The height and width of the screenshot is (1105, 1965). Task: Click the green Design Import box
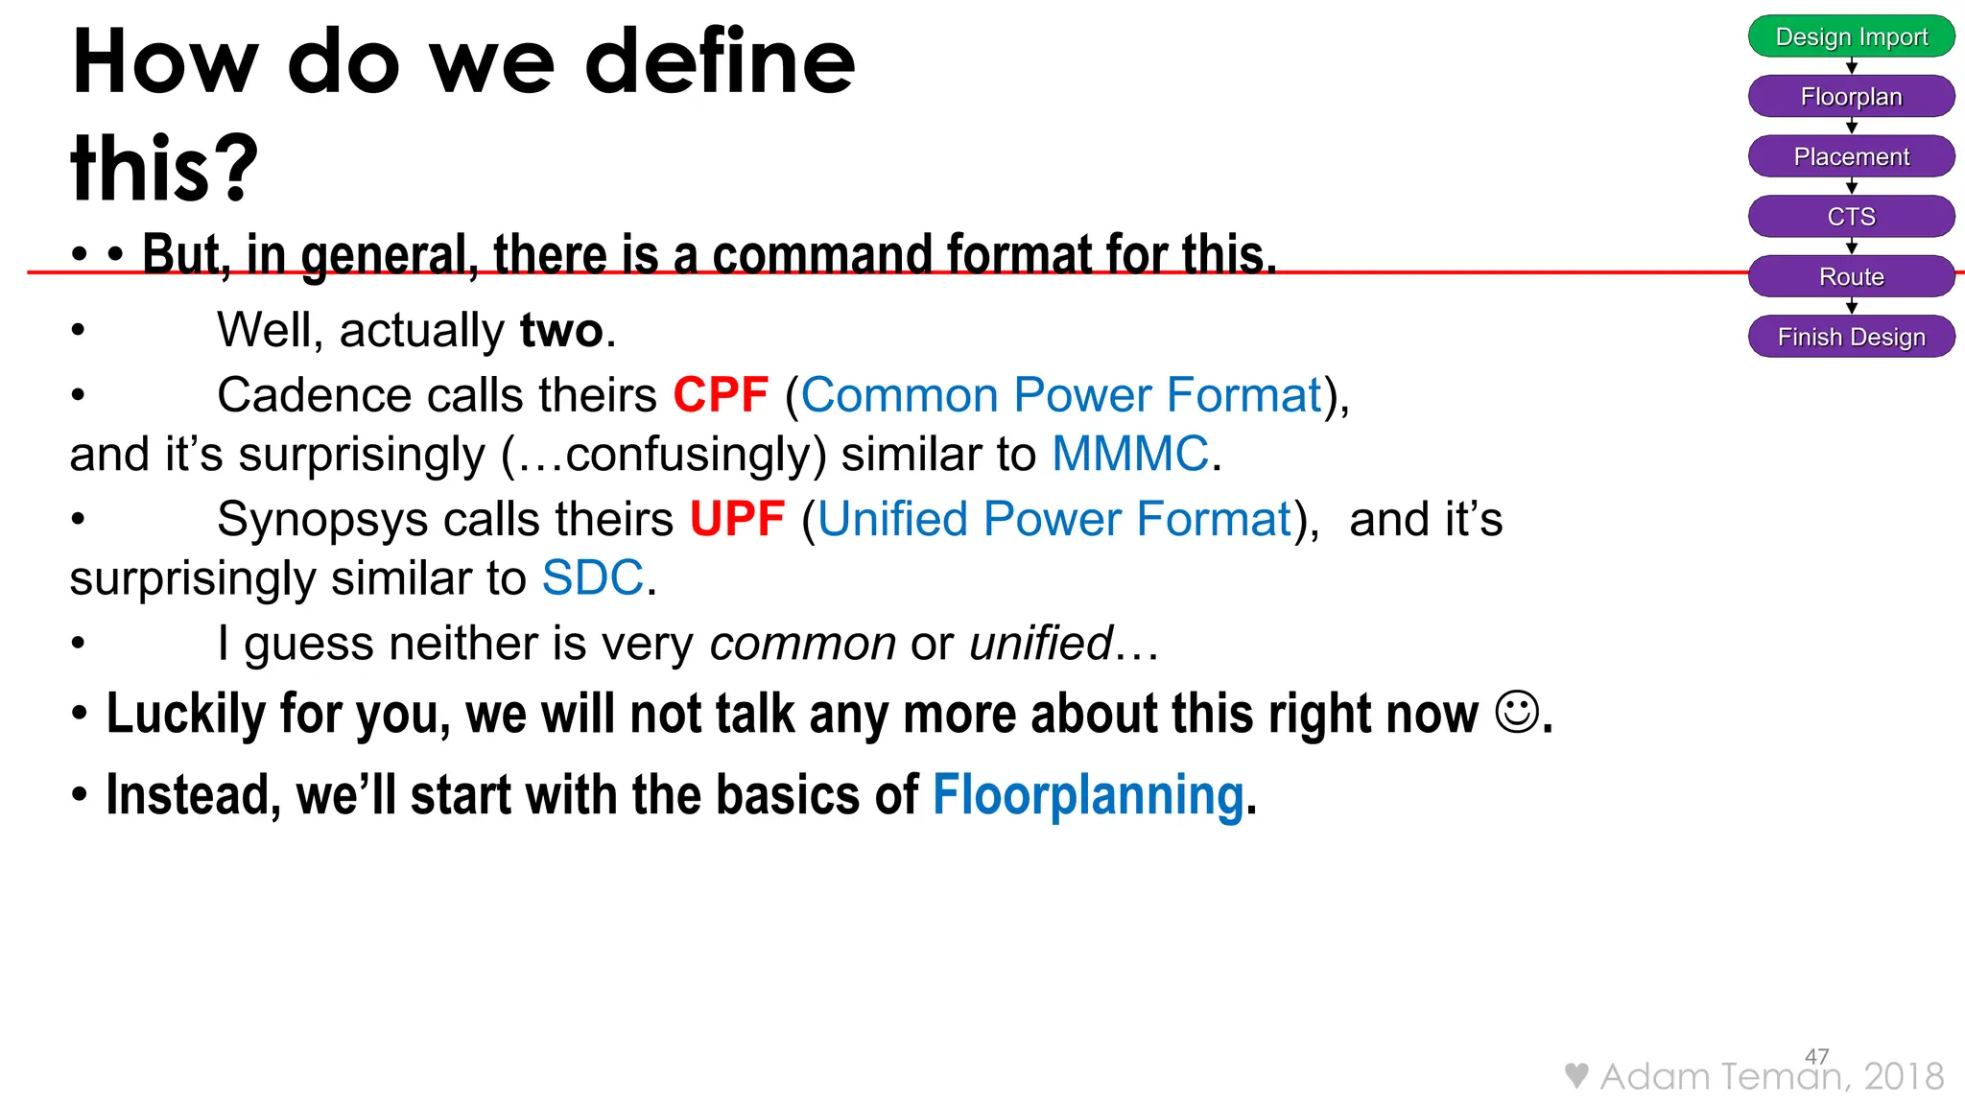point(1851,36)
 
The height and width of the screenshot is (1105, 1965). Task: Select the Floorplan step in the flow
point(1851,97)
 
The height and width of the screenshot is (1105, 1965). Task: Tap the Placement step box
point(1851,156)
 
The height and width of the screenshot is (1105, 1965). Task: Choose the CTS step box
point(1851,217)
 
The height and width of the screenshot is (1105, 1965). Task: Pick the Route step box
point(1851,277)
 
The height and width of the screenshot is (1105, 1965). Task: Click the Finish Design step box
point(1851,337)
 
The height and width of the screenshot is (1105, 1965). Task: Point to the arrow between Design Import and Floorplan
point(1852,66)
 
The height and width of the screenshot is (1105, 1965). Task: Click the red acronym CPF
point(721,395)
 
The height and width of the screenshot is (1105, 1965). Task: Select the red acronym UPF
point(737,520)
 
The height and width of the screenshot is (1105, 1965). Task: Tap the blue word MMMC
point(1130,454)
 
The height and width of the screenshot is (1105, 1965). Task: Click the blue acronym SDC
point(592,578)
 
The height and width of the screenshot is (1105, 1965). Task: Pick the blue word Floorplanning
point(1088,795)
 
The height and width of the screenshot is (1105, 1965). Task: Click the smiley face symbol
point(1517,713)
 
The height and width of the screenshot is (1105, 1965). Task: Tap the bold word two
point(561,331)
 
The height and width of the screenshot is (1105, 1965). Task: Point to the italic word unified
point(1040,644)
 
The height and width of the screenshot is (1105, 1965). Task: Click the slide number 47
point(1816,1056)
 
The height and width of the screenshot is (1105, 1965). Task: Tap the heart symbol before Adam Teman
point(1575,1076)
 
